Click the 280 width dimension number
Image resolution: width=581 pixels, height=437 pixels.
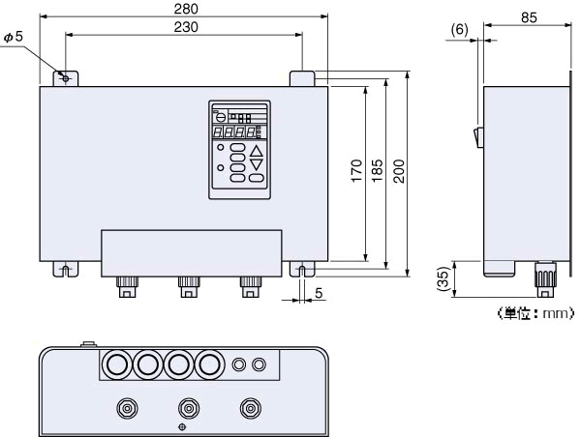point(183,9)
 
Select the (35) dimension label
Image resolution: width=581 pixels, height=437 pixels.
point(444,279)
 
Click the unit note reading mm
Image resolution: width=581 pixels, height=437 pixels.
point(535,312)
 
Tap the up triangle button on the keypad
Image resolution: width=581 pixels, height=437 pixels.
point(256,150)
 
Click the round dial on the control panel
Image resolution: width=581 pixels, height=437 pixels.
point(221,115)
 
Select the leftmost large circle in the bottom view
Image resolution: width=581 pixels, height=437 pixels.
point(117,364)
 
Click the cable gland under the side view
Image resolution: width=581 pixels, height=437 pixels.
point(544,280)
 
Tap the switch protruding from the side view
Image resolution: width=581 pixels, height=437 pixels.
point(477,136)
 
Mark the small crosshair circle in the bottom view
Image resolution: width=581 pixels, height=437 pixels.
point(183,426)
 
